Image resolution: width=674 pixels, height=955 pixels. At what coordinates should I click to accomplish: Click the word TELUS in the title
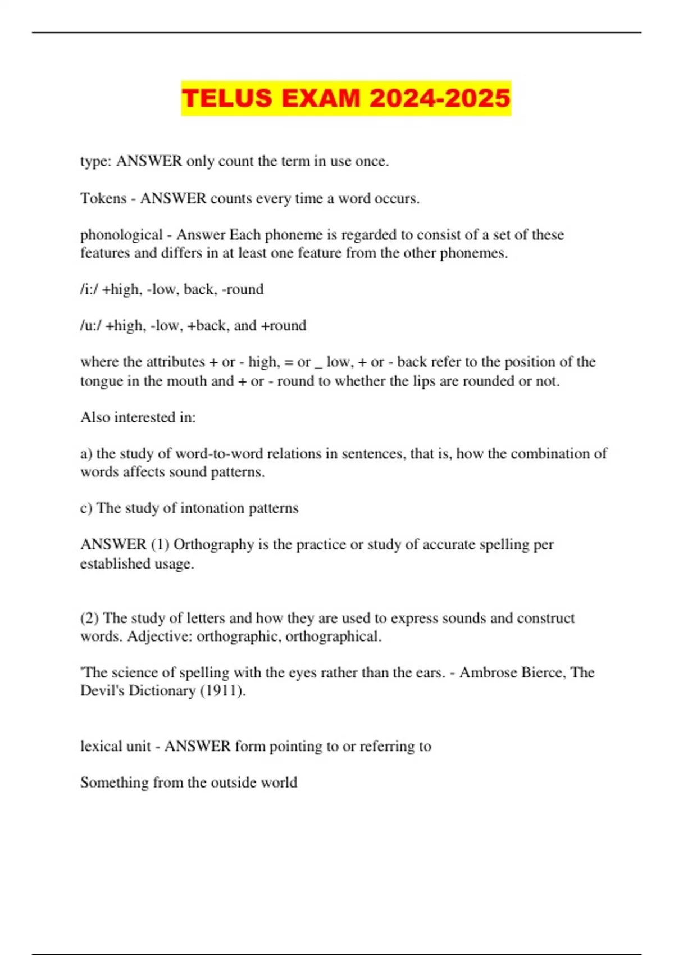(227, 98)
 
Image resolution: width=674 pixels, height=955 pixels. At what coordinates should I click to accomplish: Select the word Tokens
(103, 198)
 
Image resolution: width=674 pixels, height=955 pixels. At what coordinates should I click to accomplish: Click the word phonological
(121, 235)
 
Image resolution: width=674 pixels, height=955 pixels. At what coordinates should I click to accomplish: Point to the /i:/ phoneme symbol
(89, 289)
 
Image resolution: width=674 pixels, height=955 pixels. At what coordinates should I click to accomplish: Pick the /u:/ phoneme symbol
(90, 326)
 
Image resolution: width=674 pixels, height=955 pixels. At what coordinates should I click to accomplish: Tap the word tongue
(102, 381)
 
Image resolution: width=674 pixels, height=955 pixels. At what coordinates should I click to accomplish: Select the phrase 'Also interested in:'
(138, 417)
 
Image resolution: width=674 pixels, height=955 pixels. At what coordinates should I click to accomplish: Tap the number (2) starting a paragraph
(89, 619)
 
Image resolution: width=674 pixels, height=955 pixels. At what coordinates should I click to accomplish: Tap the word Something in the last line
(114, 783)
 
